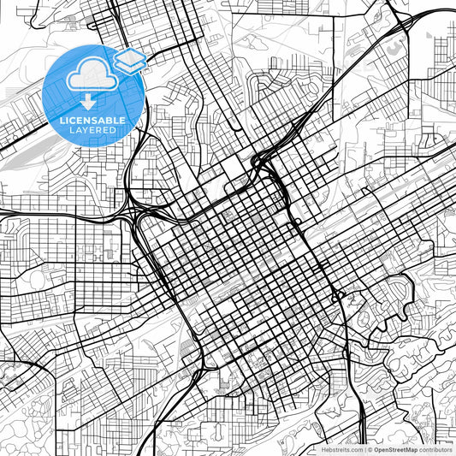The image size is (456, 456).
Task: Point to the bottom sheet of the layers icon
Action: (130, 65)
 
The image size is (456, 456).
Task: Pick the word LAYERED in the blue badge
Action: (93, 130)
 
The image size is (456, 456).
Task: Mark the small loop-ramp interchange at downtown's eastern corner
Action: (340, 296)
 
